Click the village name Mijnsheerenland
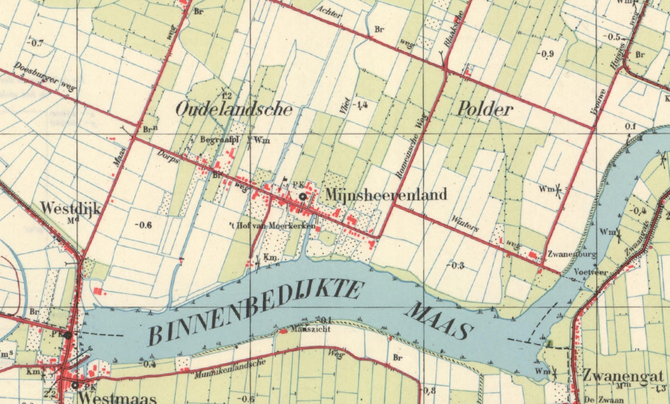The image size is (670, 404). (386, 194)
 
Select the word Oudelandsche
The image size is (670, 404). (234, 109)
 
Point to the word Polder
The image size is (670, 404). (485, 109)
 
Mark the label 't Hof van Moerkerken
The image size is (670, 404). (273, 226)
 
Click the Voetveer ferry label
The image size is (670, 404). (585, 272)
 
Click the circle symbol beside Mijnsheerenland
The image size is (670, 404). (302, 197)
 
